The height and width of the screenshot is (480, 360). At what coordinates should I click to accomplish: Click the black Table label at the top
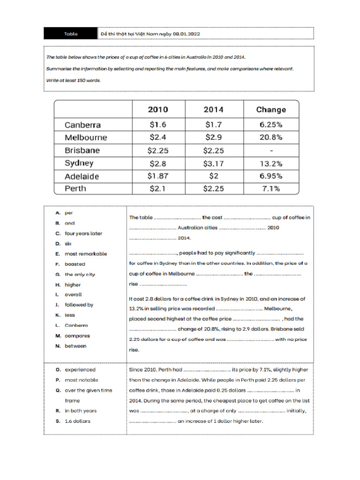[x=71, y=34]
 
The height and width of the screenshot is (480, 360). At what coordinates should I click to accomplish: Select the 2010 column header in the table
[x=158, y=110]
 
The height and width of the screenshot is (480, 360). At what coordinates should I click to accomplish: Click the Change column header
[x=270, y=110]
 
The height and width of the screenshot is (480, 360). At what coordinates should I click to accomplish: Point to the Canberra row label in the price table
[x=82, y=125]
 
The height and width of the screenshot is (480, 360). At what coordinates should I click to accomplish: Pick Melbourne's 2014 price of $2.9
[x=214, y=137]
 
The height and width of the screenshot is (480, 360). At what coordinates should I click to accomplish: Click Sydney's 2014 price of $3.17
[x=214, y=163]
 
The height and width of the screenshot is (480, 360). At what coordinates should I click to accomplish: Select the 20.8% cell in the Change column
[x=270, y=137]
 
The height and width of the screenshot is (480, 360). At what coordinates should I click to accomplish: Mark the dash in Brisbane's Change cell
[x=271, y=150]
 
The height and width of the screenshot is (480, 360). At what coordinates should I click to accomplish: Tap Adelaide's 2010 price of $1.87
[x=158, y=176]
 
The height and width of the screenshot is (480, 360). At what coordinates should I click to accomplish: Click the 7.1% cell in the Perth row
[x=270, y=188]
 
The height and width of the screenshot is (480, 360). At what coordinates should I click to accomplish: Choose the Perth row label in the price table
[x=75, y=188]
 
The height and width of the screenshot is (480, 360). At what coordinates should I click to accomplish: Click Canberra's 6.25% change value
[x=270, y=125]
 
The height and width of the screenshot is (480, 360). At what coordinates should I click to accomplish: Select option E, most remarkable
[x=85, y=254]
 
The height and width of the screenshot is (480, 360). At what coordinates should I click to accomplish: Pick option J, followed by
[x=79, y=305]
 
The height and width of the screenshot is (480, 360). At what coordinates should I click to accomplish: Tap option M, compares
[x=77, y=336]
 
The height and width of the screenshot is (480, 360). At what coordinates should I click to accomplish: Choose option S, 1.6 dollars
[x=77, y=421]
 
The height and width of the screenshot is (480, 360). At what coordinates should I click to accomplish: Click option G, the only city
[x=80, y=274]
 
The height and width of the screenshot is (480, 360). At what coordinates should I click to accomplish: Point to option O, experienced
[x=80, y=370]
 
